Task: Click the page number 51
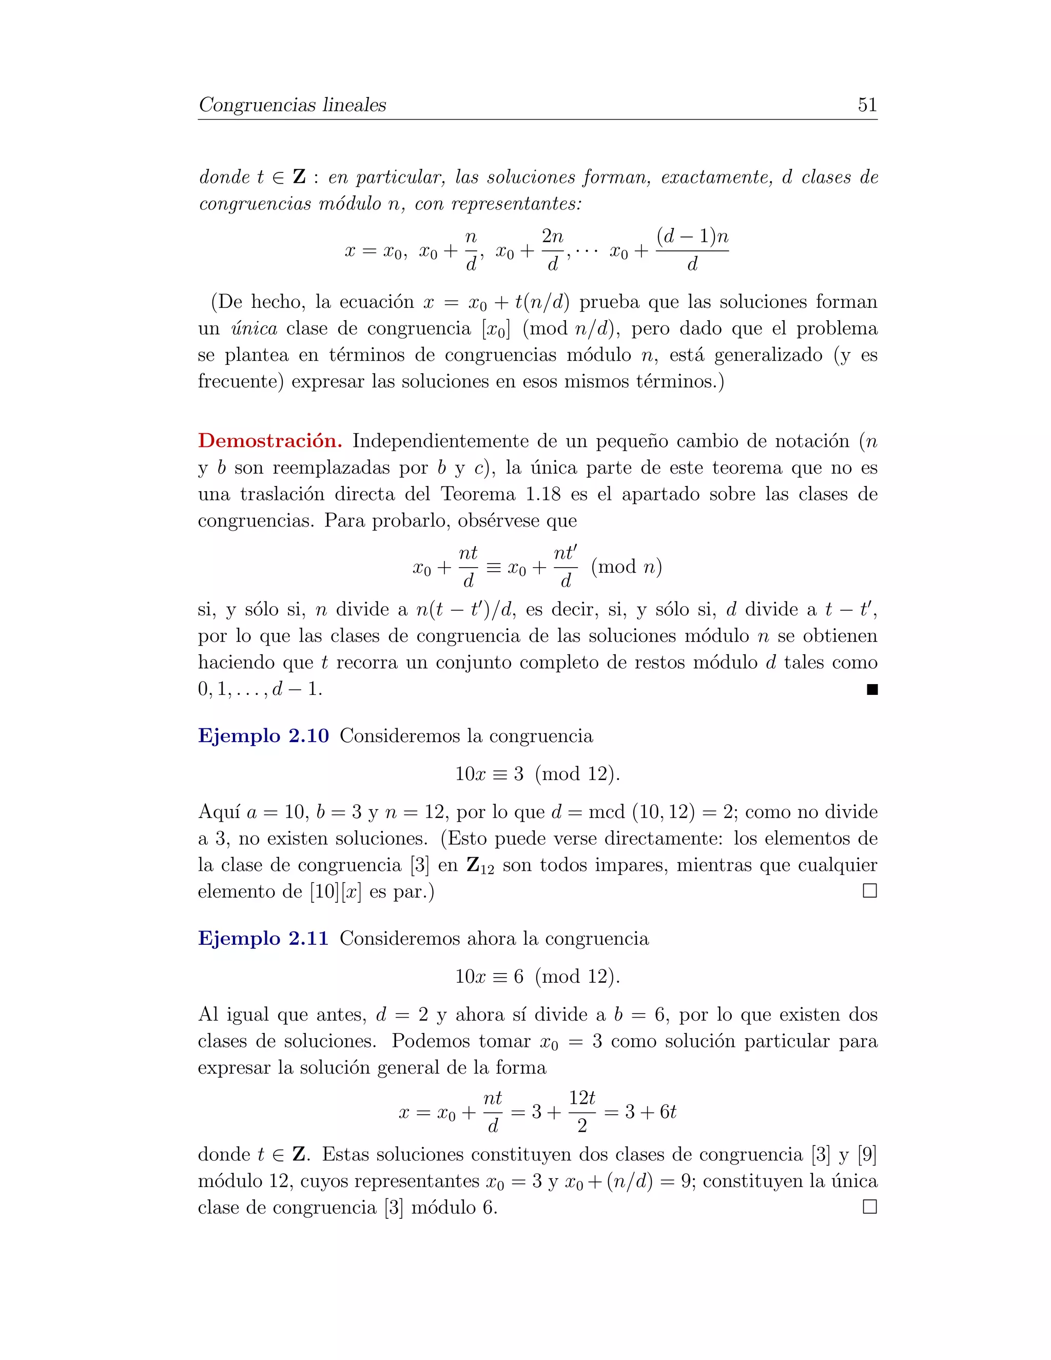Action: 867,105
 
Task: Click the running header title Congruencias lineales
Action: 292,105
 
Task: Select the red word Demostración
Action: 269,441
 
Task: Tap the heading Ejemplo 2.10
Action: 263,735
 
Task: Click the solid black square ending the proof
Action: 872,689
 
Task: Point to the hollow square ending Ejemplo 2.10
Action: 870,891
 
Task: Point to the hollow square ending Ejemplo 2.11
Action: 870,1207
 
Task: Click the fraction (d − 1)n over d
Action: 692,250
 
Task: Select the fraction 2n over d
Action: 552,250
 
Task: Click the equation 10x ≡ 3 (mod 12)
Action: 537,773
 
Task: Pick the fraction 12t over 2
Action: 582,1111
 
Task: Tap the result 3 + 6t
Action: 651,1112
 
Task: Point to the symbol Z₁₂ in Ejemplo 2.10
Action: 480,866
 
